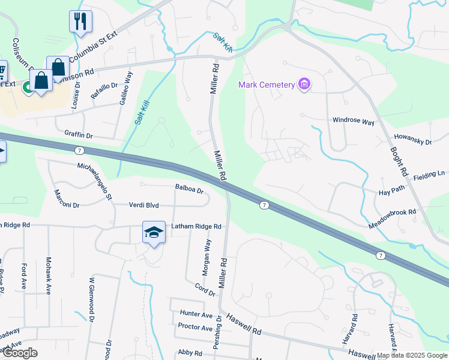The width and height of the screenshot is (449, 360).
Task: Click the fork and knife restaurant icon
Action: (x=80, y=22)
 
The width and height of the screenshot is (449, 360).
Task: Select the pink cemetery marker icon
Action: (x=304, y=84)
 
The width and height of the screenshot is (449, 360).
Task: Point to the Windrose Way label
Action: (x=354, y=121)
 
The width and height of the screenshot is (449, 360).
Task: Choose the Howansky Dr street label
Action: (x=412, y=139)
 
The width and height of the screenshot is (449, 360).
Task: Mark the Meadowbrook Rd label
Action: (x=392, y=217)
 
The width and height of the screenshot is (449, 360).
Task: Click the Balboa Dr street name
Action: (x=190, y=189)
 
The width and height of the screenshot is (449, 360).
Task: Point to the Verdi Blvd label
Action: (x=143, y=205)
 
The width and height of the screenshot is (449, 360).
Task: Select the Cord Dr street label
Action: (x=204, y=288)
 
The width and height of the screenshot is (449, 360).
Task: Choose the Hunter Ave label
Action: (x=196, y=314)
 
